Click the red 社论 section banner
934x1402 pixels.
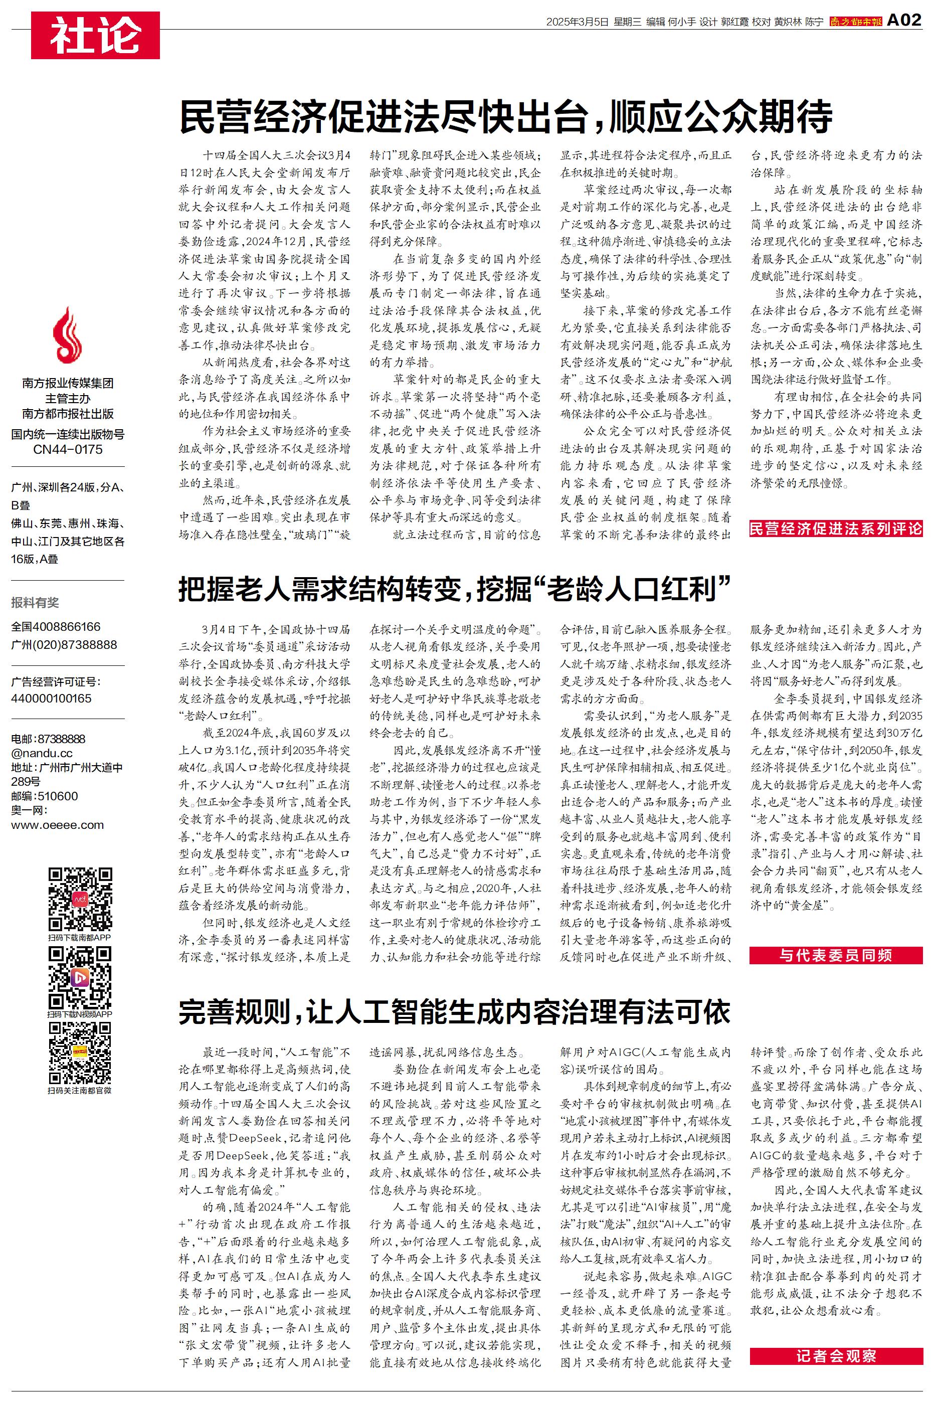pos(95,35)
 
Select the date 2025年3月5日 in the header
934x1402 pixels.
pos(577,22)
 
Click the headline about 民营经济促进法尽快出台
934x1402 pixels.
pos(506,117)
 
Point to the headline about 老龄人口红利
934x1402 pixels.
pos(455,589)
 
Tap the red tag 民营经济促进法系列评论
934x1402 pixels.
pos(836,529)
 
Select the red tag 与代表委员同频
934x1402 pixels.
pos(836,955)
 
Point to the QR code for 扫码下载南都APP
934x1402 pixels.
pos(80,900)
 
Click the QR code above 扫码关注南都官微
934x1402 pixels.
pos(80,1054)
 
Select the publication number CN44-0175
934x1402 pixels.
pos(68,450)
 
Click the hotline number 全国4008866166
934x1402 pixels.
pos(56,627)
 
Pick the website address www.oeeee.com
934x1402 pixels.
pos(57,825)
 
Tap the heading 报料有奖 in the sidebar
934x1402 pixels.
pos(35,603)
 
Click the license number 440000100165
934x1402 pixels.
pos(51,698)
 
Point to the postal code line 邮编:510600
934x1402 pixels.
pos(44,796)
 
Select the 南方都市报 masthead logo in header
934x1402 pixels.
pos(855,22)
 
